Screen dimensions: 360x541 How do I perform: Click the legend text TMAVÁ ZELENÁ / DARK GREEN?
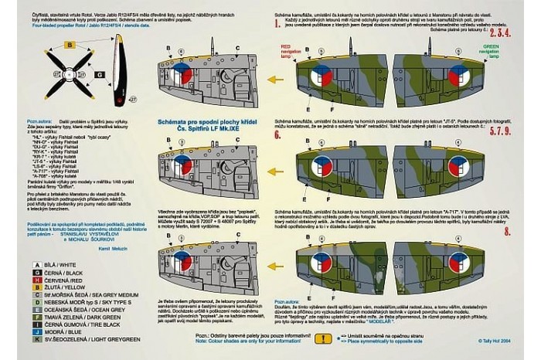click(69, 315)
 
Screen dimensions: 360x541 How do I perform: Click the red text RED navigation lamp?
click(290, 51)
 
